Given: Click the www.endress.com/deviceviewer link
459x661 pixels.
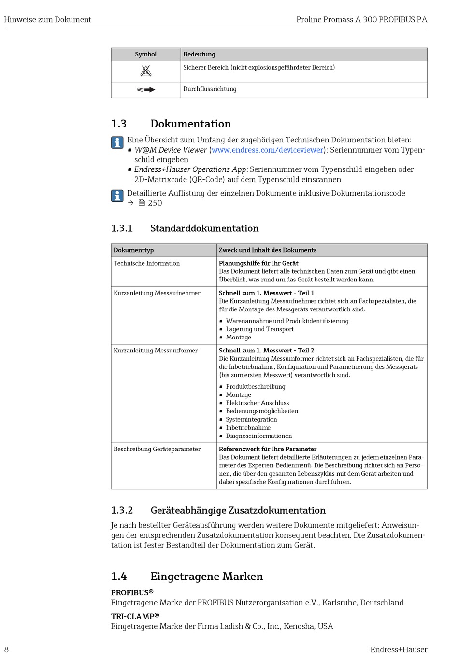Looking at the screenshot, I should [x=267, y=150].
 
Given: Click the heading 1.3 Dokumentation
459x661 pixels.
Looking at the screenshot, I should [x=190, y=124].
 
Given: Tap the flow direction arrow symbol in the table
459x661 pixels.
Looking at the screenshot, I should [x=146, y=90].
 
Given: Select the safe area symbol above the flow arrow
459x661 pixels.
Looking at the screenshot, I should [x=146, y=71].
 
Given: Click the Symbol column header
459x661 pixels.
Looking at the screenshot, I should [x=146, y=55].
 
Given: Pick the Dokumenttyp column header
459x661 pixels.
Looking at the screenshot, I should [x=134, y=250].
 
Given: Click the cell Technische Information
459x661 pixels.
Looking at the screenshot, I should [x=147, y=264].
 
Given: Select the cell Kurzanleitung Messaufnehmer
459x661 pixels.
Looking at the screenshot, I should [x=157, y=293].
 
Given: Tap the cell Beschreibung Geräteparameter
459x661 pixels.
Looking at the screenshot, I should [x=157, y=450].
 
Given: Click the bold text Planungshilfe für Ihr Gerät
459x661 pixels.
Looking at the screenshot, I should [x=258, y=264].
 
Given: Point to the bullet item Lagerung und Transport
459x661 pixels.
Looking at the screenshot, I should [x=259, y=329].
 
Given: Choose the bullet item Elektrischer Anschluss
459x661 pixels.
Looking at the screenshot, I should [x=257, y=403].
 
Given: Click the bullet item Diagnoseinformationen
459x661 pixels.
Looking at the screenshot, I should [x=258, y=436].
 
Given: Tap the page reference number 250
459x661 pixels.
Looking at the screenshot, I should [x=155, y=203].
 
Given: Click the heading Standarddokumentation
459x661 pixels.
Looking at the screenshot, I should [x=204, y=228].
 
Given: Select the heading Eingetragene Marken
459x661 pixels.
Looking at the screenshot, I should [x=206, y=577].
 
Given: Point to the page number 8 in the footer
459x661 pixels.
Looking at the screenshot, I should [x=6, y=650].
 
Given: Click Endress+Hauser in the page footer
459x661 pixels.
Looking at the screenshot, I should [x=399, y=650].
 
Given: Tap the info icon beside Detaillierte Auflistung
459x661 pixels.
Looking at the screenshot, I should [x=117, y=196].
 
